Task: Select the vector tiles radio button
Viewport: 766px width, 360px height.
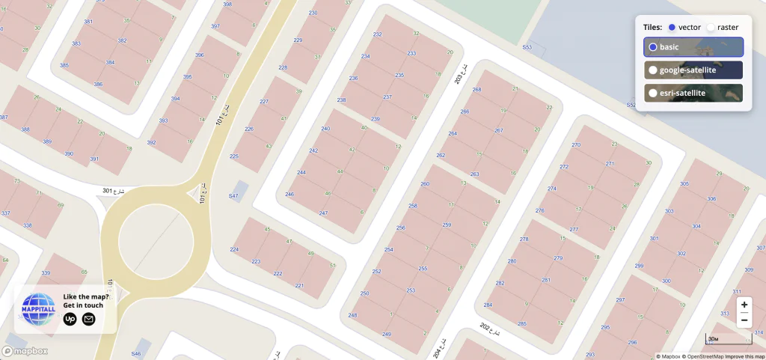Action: [x=672, y=27]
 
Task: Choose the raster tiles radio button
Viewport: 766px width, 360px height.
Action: [x=711, y=27]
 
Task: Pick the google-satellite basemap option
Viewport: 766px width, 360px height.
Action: [x=693, y=70]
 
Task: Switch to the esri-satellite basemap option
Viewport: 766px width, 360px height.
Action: [x=693, y=94]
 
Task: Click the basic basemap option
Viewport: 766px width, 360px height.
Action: [x=693, y=47]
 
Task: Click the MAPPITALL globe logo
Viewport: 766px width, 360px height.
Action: [x=39, y=308]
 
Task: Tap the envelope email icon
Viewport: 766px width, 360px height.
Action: [x=88, y=320]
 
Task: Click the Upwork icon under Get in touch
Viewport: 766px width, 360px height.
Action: [x=70, y=320]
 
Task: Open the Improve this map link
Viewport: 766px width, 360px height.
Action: [x=744, y=356]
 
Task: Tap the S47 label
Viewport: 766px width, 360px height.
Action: [x=233, y=196]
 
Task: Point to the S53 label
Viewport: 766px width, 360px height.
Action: [x=527, y=47]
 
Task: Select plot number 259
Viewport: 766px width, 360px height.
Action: [x=447, y=225]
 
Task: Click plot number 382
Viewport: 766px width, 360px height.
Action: [x=122, y=40]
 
